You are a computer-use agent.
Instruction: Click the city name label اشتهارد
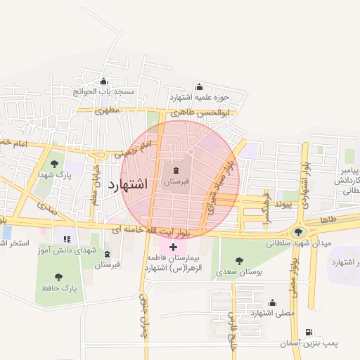point(128,186)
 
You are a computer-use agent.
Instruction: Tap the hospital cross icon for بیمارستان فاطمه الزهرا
point(174,247)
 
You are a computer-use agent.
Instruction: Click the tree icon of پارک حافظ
point(57,277)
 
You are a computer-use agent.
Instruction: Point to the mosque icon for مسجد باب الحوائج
point(104,81)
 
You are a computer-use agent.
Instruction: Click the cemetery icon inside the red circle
point(176,171)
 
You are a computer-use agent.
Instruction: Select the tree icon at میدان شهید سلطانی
point(298,233)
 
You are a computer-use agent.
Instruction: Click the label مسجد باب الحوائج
point(104,91)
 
